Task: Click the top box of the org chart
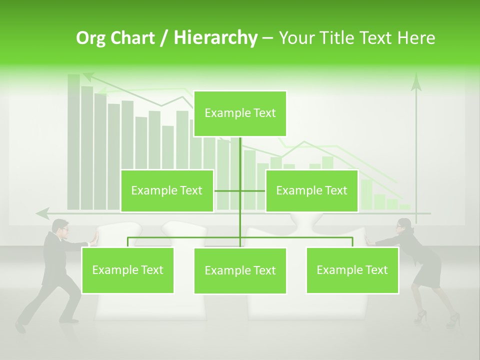(x=240, y=113)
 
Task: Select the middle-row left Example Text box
(x=167, y=190)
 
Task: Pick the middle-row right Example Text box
(x=311, y=190)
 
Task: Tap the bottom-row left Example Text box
(x=127, y=270)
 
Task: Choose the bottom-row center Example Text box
(x=240, y=270)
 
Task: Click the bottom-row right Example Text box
(x=352, y=270)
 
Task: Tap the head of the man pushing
(x=61, y=226)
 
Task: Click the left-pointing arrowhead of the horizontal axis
(x=42, y=213)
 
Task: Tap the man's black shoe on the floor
(x=20, y=327)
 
